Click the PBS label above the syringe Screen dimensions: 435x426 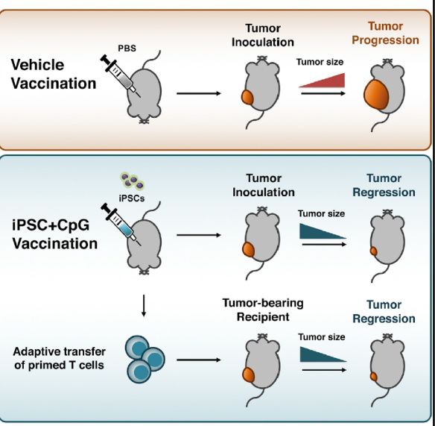[x=127, y=48]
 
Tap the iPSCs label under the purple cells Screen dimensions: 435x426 [x=132, y=198]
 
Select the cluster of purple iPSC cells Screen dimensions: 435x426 [x=133, y=180]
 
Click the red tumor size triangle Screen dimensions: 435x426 [x=322, y=81]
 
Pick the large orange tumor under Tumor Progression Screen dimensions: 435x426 [x=376, y=94]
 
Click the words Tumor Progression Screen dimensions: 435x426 [x=385, y=33]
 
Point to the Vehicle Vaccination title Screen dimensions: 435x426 [x=54, y=74]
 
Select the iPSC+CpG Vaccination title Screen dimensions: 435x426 [x=54, y=234]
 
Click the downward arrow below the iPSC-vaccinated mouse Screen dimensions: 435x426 [x=144, y=306]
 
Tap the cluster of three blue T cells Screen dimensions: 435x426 [x=145, y=360]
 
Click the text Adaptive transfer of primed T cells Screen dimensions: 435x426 [x=60, y=358]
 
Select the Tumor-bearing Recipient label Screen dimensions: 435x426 [x=263, y=310]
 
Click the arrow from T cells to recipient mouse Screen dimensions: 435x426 [x=199, y=360]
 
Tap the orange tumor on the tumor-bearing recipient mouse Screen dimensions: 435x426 [x=248, y=375]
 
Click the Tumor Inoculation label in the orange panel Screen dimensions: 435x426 [x=263, y=35]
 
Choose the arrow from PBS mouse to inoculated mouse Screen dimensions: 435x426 [x=199, y=93]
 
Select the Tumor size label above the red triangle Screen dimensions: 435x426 [x=320, y=62]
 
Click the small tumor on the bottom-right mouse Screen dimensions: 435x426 [x=374, y=377]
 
